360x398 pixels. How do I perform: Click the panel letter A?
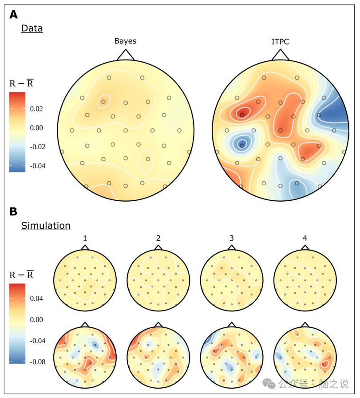pyautogui.click(x=14, y=15)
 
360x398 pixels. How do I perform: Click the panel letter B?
pyautogui.click(x=14, y=211)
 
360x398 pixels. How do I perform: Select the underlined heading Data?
pyautogui.click(x=32, y=28)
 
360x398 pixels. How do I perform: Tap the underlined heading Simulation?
pyautogui.click(x=46, y=226)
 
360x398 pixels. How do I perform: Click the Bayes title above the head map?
pyautogui.click(x=125, y=41)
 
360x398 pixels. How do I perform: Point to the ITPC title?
pyautogui.click(x=280, y=41)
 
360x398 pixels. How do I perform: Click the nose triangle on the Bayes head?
pyautogui.click(x=126, y=54)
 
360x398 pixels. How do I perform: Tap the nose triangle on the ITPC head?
pyautogui.click(x=280, y=54)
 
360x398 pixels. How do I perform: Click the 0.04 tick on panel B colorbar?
pyautogui.click(x=36, y=298)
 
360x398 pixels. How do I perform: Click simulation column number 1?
pyautogui.click(x=85, y=239)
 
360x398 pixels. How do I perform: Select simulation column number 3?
pyautogui.click(x=231, y=239)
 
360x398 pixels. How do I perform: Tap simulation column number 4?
pyautogui.click(x=305, y=239)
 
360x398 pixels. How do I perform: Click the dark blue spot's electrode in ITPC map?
pyautogui.click(x=242, y=145)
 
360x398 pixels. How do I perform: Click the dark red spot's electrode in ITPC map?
pyautogui.click(x=242, y=115)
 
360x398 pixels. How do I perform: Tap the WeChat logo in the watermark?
pyautogui.click(x=269, y=383)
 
